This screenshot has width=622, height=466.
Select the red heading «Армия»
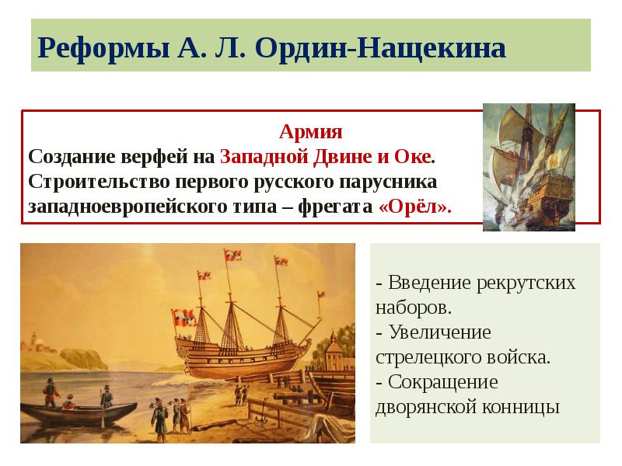tap(311, 131)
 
